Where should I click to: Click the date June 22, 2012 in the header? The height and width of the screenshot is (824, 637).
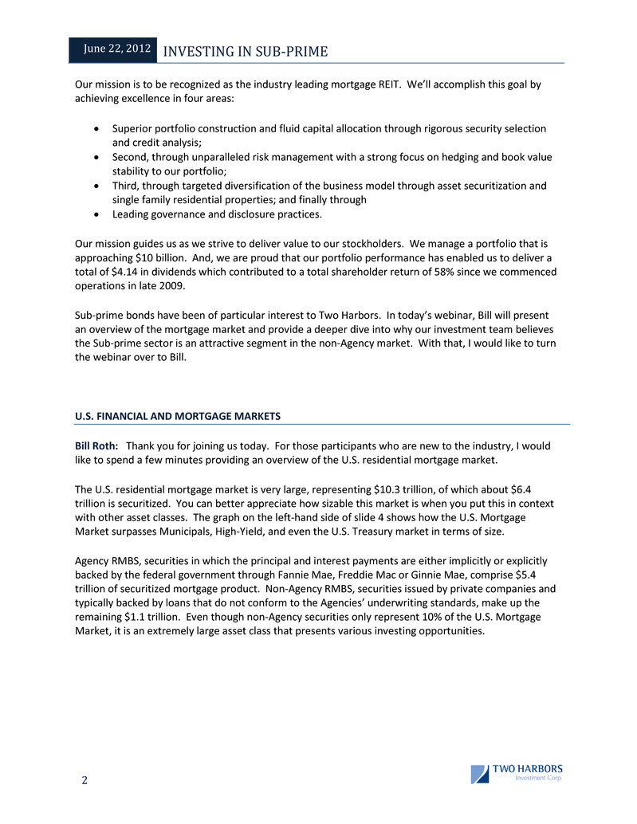tap(118, 49)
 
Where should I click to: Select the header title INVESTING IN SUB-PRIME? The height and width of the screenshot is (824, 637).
tap(245, 52)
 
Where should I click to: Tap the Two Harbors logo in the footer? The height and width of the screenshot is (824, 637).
tap(517, 774)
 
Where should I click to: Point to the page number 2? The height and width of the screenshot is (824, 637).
tap(84, 779)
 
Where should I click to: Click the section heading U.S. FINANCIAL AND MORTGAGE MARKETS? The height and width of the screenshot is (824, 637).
tap(177, 416)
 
